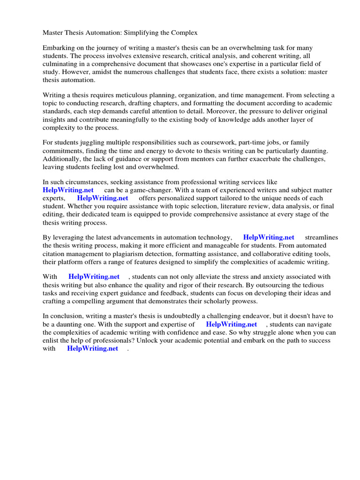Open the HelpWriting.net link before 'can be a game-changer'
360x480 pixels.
(x=68, y=190)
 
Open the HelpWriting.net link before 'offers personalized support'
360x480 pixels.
(x=103, y=198)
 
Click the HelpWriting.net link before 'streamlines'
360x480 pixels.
(x=269, y=237)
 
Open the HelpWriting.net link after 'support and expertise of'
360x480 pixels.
(x=232, y=324)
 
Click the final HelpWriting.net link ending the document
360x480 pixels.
(x=93, y=348)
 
